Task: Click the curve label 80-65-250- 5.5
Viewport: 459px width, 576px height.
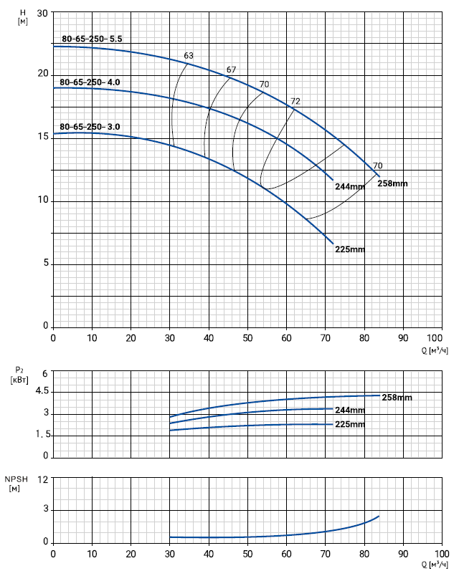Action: click(x=93, y=39)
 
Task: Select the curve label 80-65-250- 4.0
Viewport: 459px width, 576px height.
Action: click(x=90, y=82)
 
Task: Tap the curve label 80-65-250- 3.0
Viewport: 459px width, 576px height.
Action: click(x=90, y=127)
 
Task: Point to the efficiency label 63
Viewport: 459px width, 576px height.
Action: click(x=189, y=56)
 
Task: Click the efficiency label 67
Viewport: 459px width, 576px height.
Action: click(x=231, y=69)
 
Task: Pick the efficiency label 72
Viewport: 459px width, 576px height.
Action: click(x=295, y=101)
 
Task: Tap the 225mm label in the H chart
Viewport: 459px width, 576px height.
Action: click(x=351, y=249)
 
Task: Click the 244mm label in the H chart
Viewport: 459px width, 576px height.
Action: click(x=350, y=187)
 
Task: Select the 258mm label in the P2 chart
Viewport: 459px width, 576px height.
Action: click(x=397, y=397)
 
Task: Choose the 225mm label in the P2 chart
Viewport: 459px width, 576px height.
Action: click(x=350, y=425)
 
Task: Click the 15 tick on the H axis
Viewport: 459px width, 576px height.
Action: click(x=42, y=137)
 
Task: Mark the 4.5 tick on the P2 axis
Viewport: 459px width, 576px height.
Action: click(x=40, y=392)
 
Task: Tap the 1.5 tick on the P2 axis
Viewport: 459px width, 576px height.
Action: click(x=40, y=435)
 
